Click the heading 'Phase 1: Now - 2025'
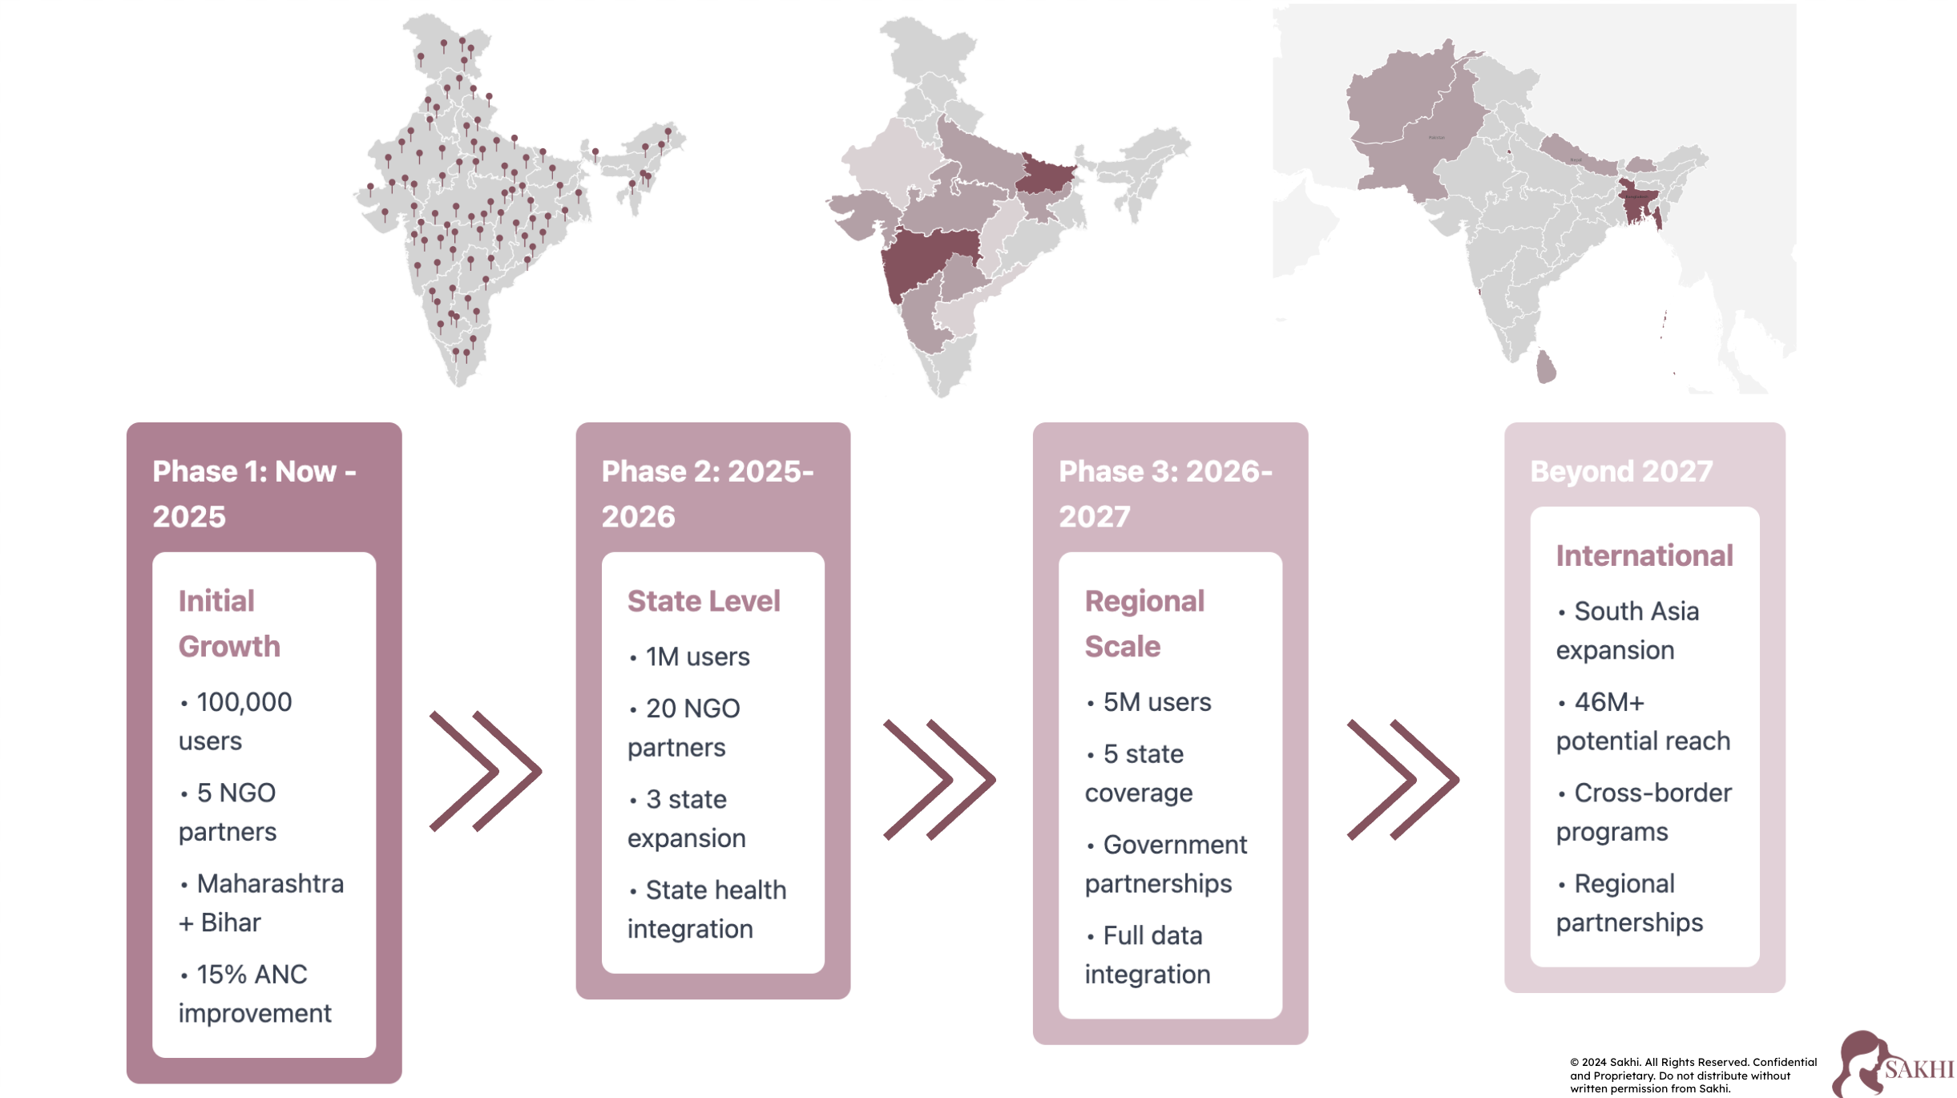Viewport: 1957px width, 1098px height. click(254, 494)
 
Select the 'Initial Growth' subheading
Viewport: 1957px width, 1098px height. click(229, 624)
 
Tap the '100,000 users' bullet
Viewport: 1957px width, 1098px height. click(236, 721)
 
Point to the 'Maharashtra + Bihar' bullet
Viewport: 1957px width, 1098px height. click(261, 903)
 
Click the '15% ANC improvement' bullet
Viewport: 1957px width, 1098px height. click(254, 994)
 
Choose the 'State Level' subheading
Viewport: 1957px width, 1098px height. click(703, 601)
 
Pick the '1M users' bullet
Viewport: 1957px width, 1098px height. click(697, 657)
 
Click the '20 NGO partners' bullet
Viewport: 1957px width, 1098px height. click(684, 728)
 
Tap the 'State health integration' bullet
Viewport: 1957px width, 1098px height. click(707, 910)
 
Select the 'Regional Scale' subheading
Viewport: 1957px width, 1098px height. click(1144, 624)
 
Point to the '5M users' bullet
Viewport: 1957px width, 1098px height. click(1156, 703)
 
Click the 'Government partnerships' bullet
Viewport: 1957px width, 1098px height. click(1166, 864)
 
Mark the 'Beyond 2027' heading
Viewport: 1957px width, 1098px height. click(1621, 471)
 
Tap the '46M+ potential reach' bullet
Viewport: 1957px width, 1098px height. click(1643, 721)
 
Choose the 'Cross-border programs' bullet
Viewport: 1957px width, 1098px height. click(1644, 813)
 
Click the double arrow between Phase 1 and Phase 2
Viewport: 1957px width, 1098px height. click(486, 771)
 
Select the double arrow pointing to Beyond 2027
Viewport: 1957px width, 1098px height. click(1402, 779)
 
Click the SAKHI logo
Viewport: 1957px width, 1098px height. click(1893, 1064)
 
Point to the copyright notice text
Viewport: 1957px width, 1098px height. click(1693, 1076)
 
